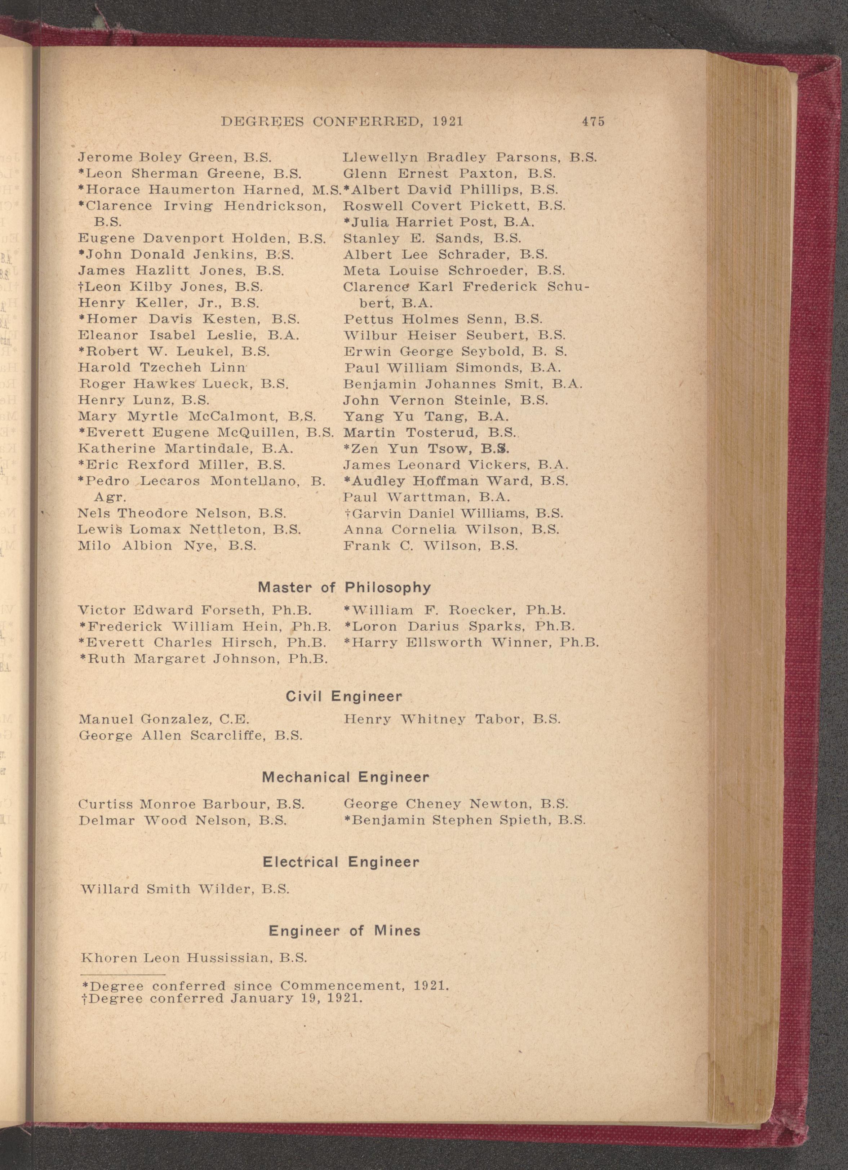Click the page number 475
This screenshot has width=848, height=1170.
tap(593, 122)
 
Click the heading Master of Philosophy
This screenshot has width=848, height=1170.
tap(344, 588)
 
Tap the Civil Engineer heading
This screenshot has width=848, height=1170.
tap(343, 697)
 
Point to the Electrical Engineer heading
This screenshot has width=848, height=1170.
tap(341, 862)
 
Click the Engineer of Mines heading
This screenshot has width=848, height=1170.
tap(344, 931)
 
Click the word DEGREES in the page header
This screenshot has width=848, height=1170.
tap(262, 122)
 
